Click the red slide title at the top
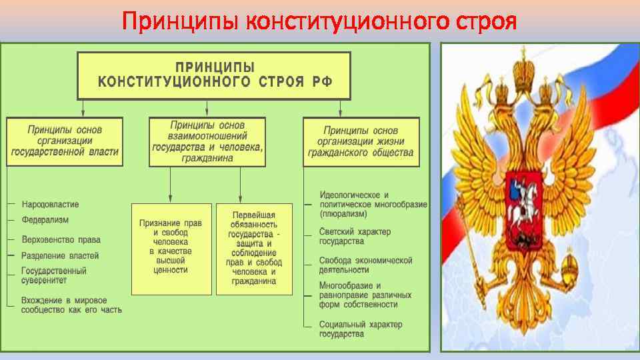319,21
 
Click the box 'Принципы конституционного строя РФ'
215,75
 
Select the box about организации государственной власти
65,141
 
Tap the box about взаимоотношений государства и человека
207,141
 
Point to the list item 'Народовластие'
51,203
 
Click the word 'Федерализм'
45,219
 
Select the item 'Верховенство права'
61,239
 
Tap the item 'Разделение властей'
60,255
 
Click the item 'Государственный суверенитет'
54,276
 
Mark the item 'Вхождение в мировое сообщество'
71,305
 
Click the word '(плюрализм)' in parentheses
343,215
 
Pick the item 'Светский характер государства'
355,236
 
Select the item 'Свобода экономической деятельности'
365,265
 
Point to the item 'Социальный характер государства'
361,329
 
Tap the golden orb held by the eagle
571,269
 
